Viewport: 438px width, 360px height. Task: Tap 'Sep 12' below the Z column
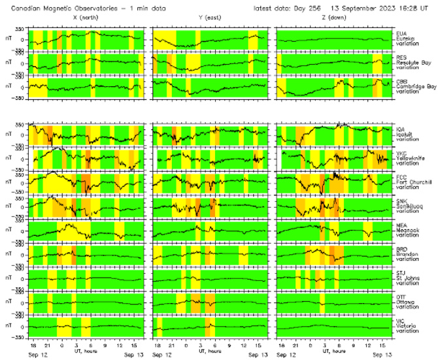287,355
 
